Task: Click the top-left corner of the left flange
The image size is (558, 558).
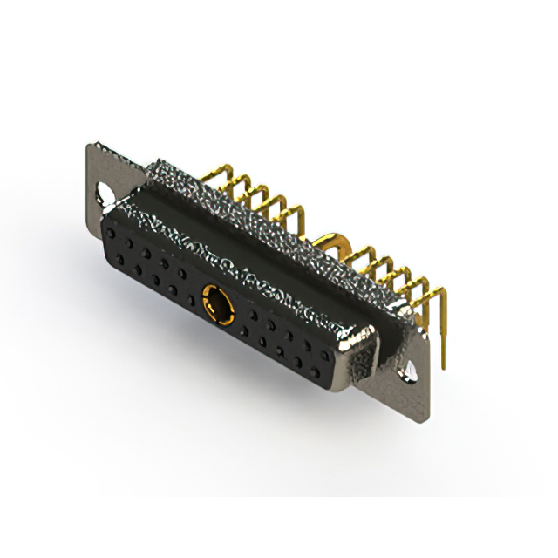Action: (x=89, y=145)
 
